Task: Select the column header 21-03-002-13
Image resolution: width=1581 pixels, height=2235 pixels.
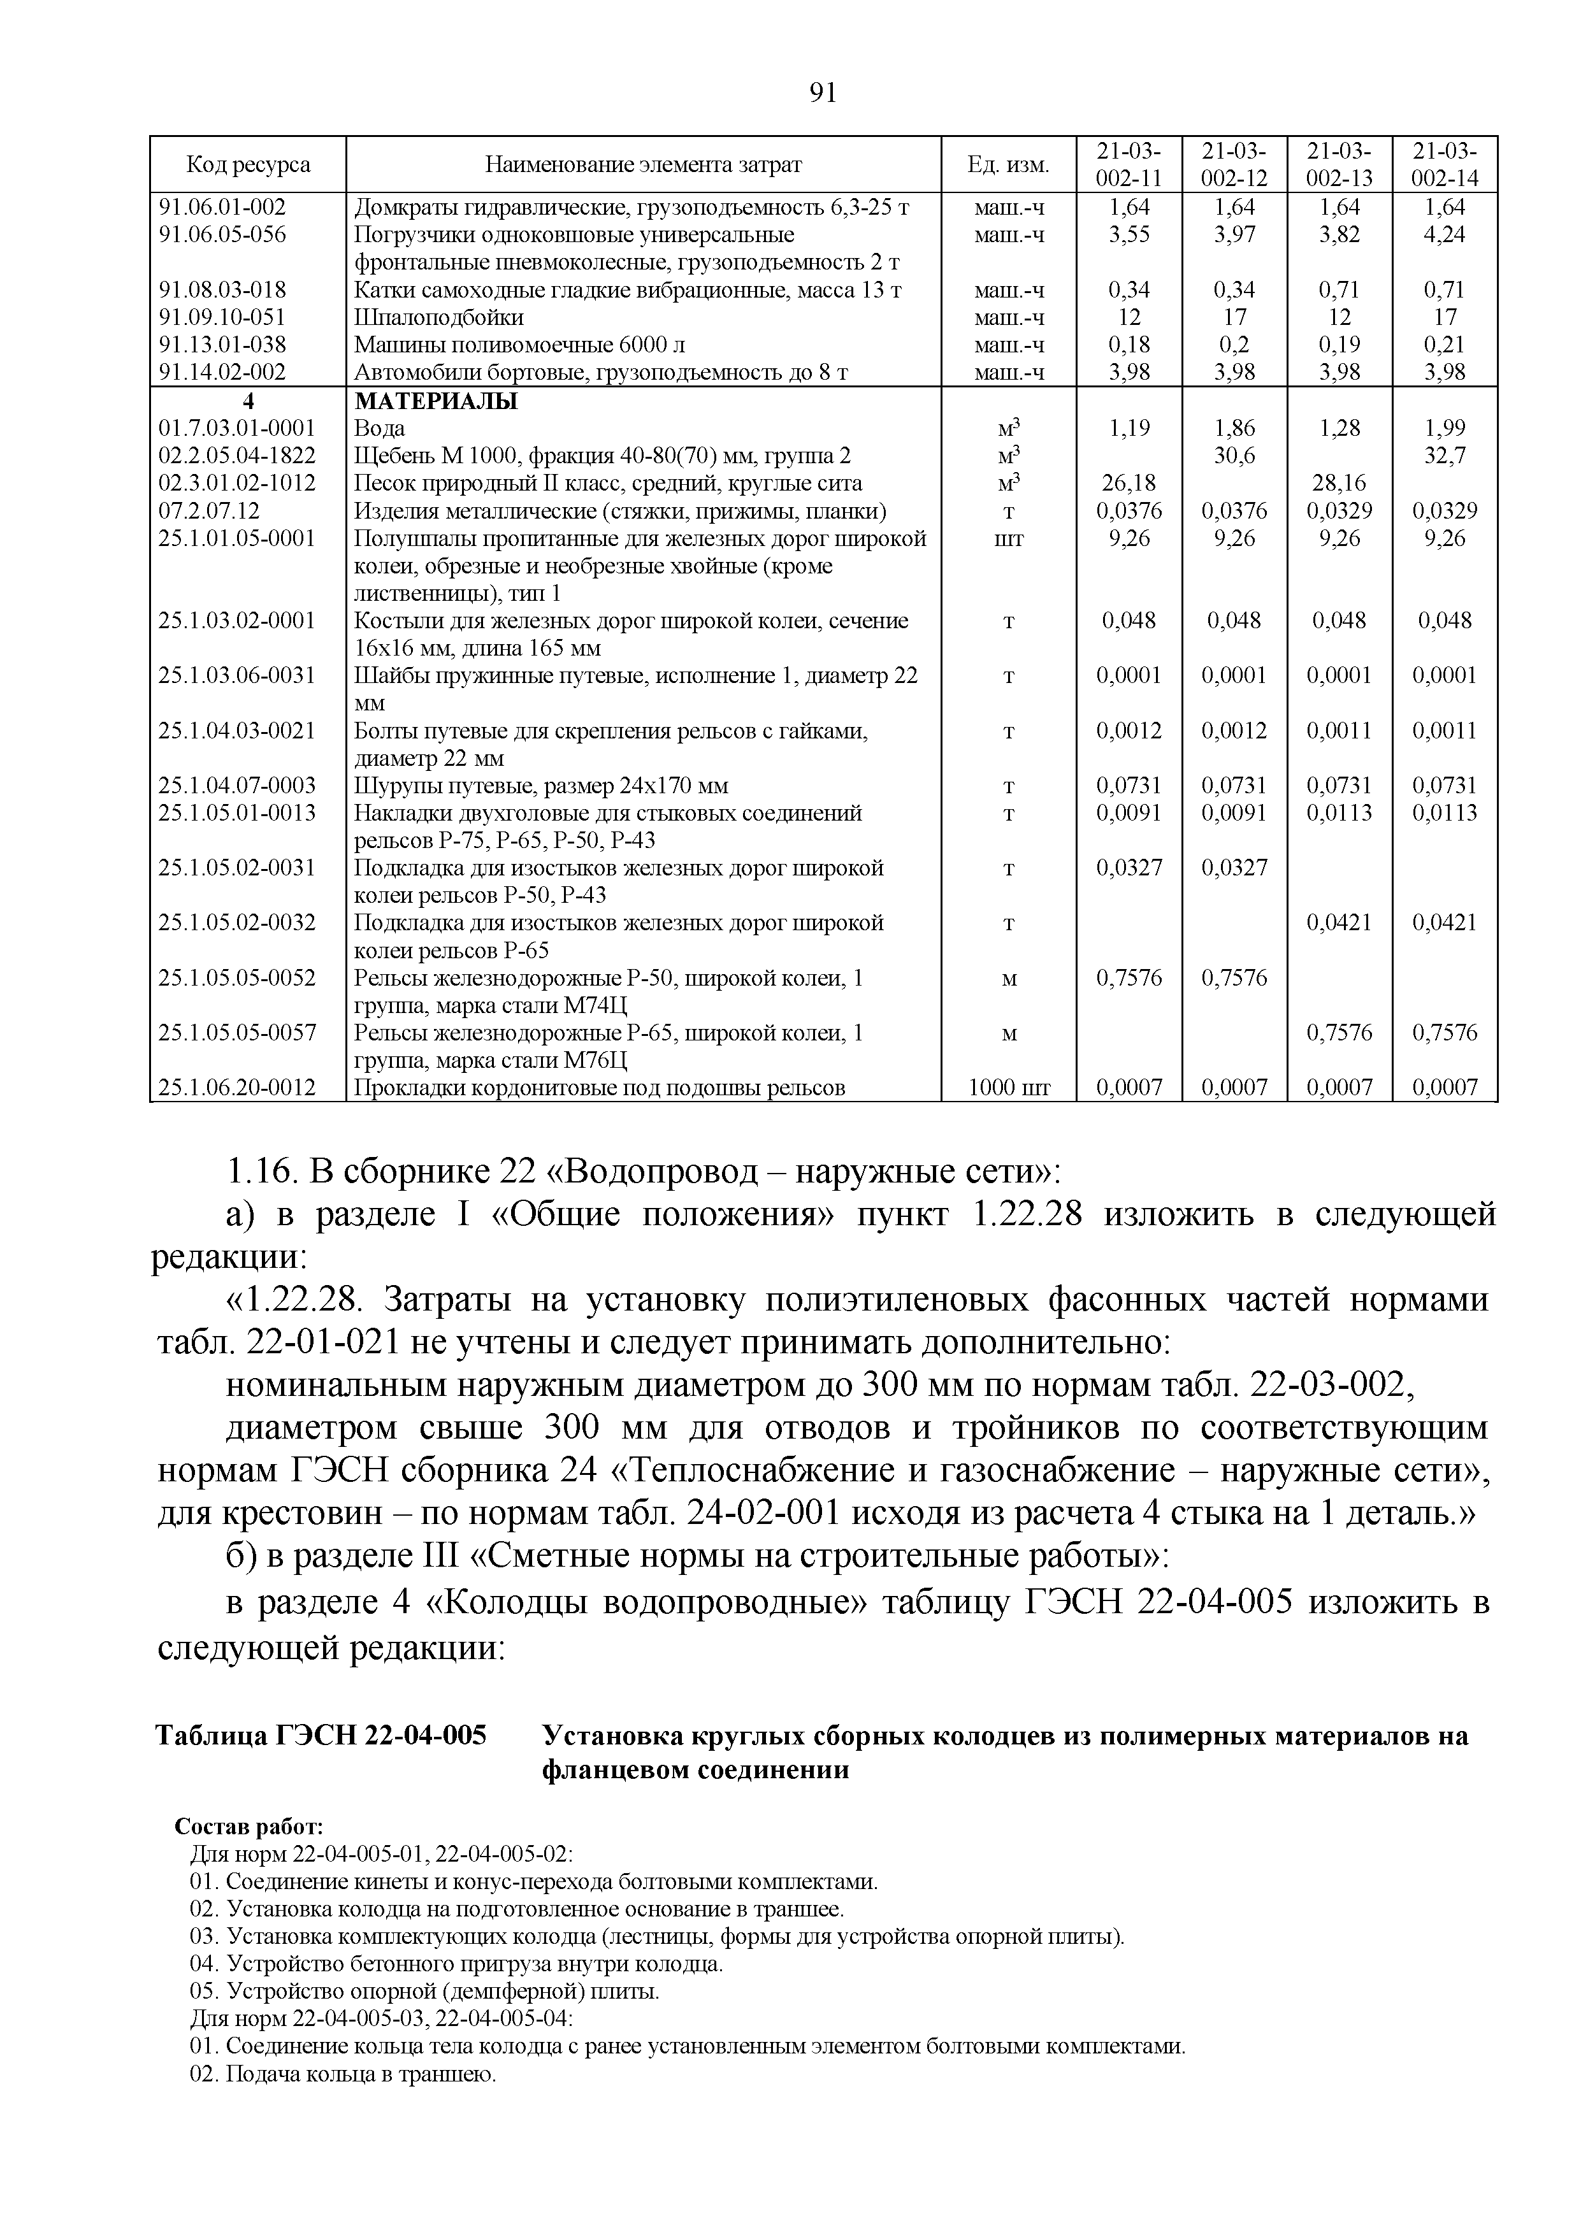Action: (1339, 164)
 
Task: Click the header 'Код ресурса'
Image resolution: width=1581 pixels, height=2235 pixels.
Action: (249, 164)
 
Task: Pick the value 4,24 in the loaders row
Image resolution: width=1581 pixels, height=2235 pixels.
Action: (1445, 234)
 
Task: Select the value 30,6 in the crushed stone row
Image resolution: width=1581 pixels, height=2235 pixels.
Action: (1234, 456)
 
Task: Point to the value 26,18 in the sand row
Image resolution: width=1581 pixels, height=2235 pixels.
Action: (1129, 483)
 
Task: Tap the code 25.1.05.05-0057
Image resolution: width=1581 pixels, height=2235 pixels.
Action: (238, 1033)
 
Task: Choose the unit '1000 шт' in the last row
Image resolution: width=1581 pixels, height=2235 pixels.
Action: (1009, 1088)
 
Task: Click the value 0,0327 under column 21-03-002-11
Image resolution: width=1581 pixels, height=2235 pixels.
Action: (1129, 867)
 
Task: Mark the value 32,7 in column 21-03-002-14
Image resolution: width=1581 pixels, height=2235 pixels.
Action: (1445, 456)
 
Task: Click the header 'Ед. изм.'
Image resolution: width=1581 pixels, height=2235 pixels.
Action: (1009, 164)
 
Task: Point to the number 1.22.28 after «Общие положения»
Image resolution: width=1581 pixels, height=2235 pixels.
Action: (1027, 1215)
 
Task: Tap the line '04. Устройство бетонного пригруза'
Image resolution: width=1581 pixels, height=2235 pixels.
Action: (456, 1964)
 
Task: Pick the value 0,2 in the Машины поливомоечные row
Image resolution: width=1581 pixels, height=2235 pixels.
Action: (1234, 345)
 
